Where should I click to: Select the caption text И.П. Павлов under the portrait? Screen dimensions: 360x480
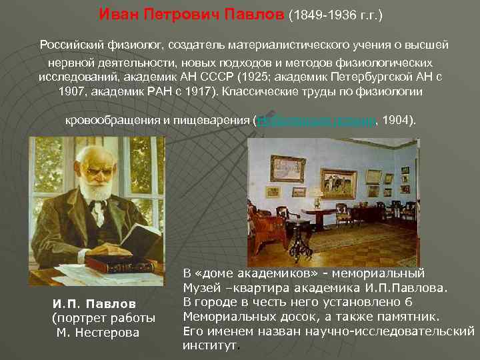coord(93,304)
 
